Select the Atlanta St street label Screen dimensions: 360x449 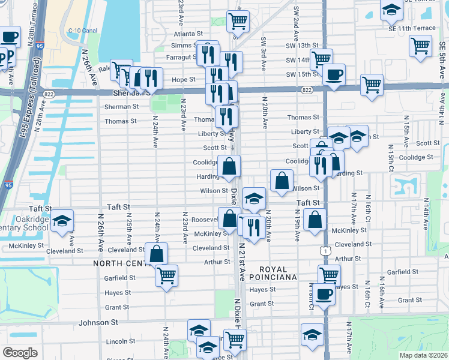click(185, 34)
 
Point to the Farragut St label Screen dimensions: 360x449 click(182, 57)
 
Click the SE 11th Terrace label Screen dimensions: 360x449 click(412, 28)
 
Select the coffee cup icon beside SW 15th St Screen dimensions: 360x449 click(334, 74)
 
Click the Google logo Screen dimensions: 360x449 click(20, 352)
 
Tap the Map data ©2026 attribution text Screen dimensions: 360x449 click(423, 355)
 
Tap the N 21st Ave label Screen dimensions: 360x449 click(243, 261)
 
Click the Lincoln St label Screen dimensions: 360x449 click(117, 341)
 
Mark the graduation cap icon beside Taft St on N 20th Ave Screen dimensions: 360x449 click(255, 198)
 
